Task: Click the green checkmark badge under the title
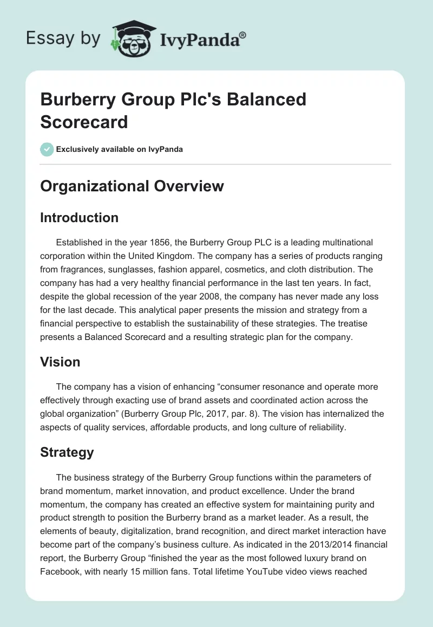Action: click(x=47, y=149)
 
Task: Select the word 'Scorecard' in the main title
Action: click(x=84, y=122)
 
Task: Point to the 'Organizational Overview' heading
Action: click(x=132, y=186)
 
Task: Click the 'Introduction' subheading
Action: click(x=79, y=218)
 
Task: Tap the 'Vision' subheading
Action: click(x=60, y=362)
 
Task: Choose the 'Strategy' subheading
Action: click(x=67, y=452)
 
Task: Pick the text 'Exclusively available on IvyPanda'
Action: click(x=120, y=149)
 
